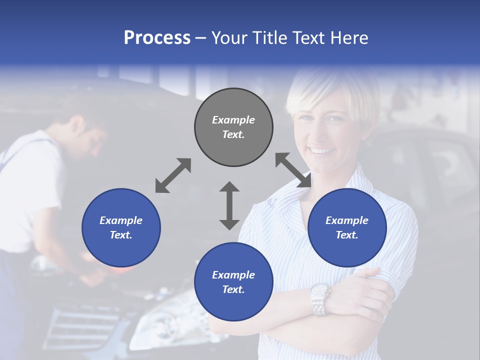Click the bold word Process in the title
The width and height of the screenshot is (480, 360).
point(157,38)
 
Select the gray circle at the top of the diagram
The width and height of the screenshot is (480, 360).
point(233,127)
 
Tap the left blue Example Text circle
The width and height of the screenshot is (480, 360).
point(121,227)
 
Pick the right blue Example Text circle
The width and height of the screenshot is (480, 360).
point(347,227)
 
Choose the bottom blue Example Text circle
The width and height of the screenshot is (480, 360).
point(233,281)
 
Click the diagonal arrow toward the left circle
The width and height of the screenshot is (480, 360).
point(173,175)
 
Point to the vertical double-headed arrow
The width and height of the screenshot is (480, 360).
point(229,205)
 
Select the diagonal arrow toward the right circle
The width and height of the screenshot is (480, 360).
point(293,170)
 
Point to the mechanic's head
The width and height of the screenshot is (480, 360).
point(85,132)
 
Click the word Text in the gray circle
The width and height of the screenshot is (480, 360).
point(233,134)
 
